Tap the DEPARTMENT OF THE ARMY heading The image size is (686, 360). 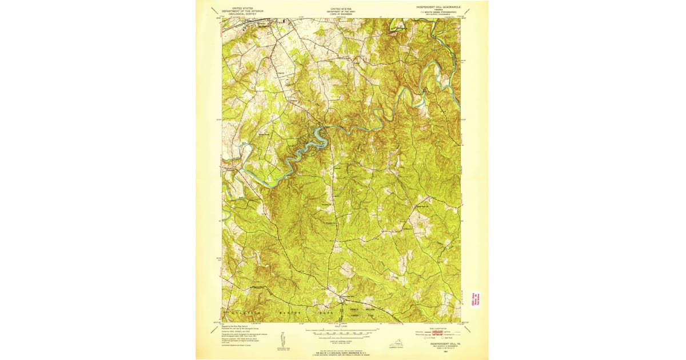coord(341,11)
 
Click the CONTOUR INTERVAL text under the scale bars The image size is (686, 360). coord(341,339)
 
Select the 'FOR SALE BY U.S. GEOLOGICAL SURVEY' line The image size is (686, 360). coord(341,351)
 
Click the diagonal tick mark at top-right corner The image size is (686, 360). coord(470,9)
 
